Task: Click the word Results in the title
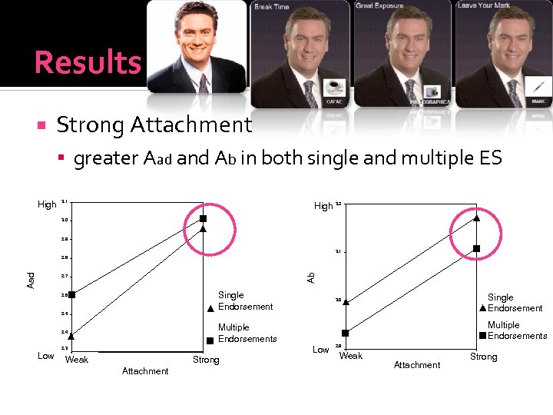[88, 62]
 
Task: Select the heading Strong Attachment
[154, 124]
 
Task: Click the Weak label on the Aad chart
[77, 360]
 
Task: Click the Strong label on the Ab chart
[484, 357]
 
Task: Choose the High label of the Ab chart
[323, 206]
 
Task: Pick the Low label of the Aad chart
[46, 356]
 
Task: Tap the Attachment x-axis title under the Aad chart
[145, 371]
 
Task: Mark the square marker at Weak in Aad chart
[71, 294]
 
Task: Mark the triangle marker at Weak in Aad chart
[71, 335]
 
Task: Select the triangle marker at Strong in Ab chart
[477, 217]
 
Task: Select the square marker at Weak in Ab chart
[346, 333]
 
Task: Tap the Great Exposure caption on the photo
[380, 6]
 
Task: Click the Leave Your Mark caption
[483, 5]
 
